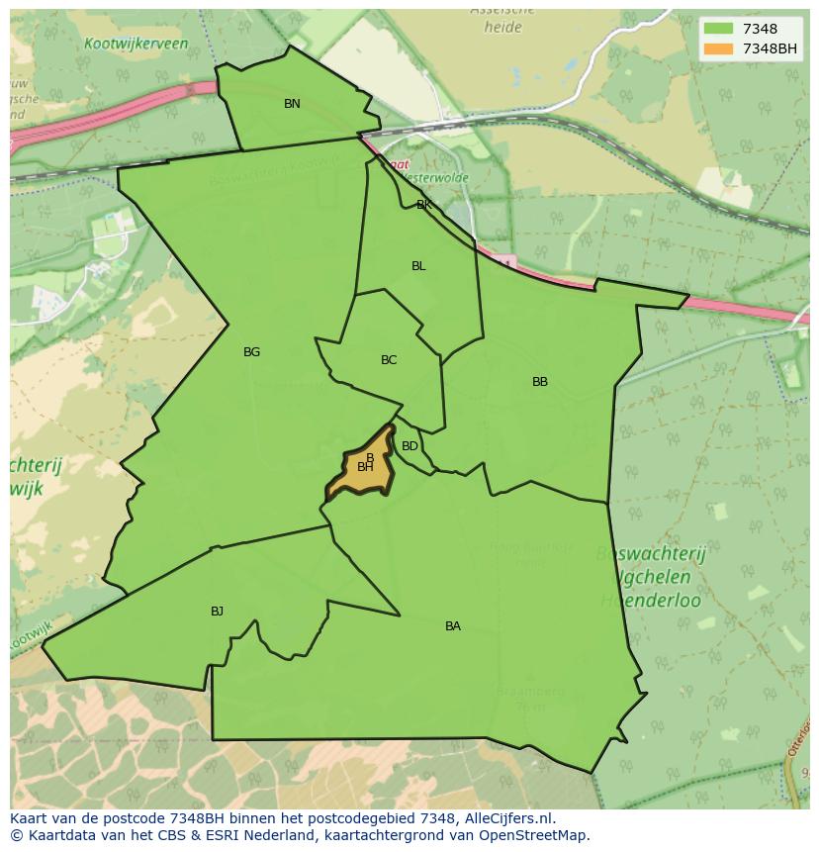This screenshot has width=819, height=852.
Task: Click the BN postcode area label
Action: pyautogui.click(x=292, y=104)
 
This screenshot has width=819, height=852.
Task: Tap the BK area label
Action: pyautogui.click(x=423, y=205)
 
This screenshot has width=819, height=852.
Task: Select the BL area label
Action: pyautogui.click(x=418, y=266)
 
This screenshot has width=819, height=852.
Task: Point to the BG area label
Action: pyautogui.click(x=251, y=352)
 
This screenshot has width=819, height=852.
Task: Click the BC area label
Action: pyautogui.click(x=389, y=360)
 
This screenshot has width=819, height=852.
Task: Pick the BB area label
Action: pyautogui.click(x=539, y=382)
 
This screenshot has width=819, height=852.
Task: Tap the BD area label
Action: pyautogui.click(x=409, y=446)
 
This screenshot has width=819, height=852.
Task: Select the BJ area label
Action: pyautogui.click(x=217, y=612)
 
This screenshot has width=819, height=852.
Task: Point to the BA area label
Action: pyautogui.click(x=452, y=626)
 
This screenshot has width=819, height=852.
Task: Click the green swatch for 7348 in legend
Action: pyautogui.click(x=719, y=29)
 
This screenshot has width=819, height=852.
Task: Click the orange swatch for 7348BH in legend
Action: pyautogui.click(x=719, y=48)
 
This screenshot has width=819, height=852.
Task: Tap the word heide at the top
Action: pyautogui.click(x=502, y=28)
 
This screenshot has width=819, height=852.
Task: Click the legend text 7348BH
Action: pyautogui.click(x=770, y=48)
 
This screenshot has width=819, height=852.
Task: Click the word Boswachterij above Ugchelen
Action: pyautogui.click(x=651, y=554)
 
